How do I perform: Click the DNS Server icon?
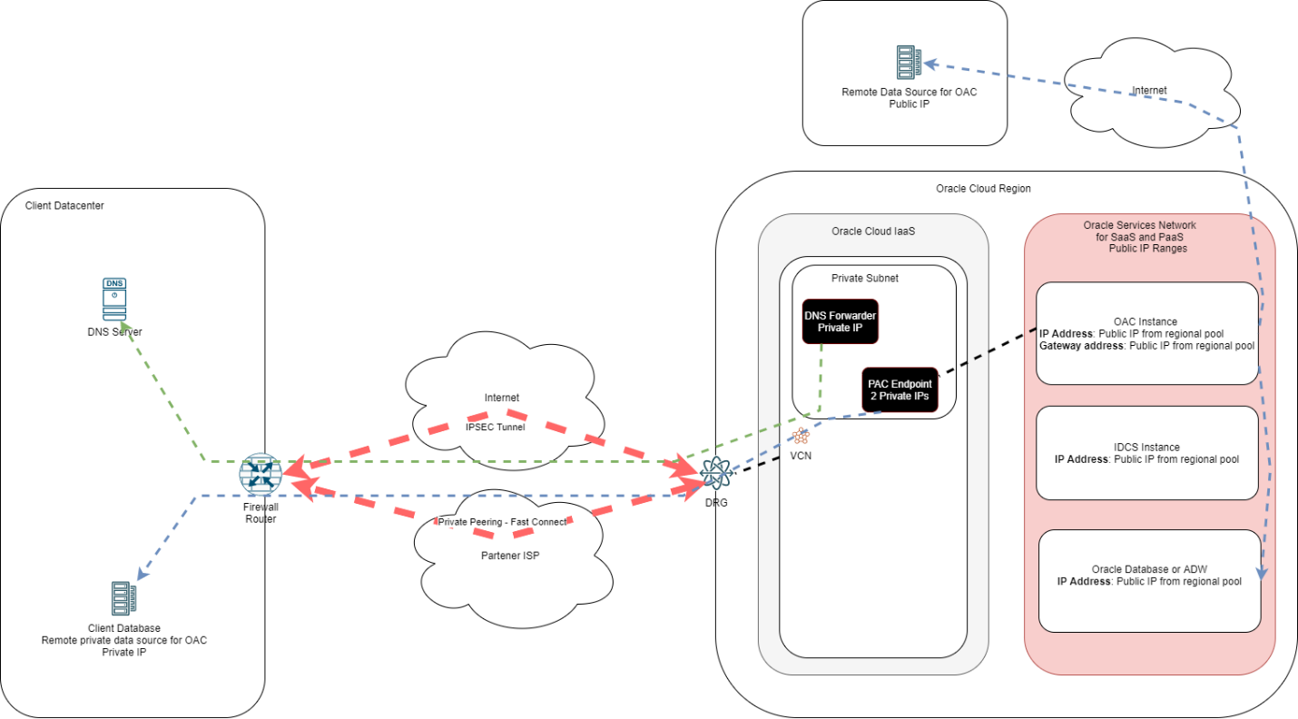(114, 300)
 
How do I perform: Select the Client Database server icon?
(123, 599)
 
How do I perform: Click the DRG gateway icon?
(715, 473)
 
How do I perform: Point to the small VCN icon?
(801, 436)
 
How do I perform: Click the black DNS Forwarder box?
(840, 321)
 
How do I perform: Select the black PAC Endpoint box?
(899, 389)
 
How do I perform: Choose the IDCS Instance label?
(1146, 447)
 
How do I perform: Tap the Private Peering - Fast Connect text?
(503, 522)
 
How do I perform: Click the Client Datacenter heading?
(65, 206)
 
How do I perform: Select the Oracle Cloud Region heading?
(983, 188)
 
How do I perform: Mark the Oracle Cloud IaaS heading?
(872, 231)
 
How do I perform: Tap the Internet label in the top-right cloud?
(1149, 90)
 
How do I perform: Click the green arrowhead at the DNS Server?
(128, 325)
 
